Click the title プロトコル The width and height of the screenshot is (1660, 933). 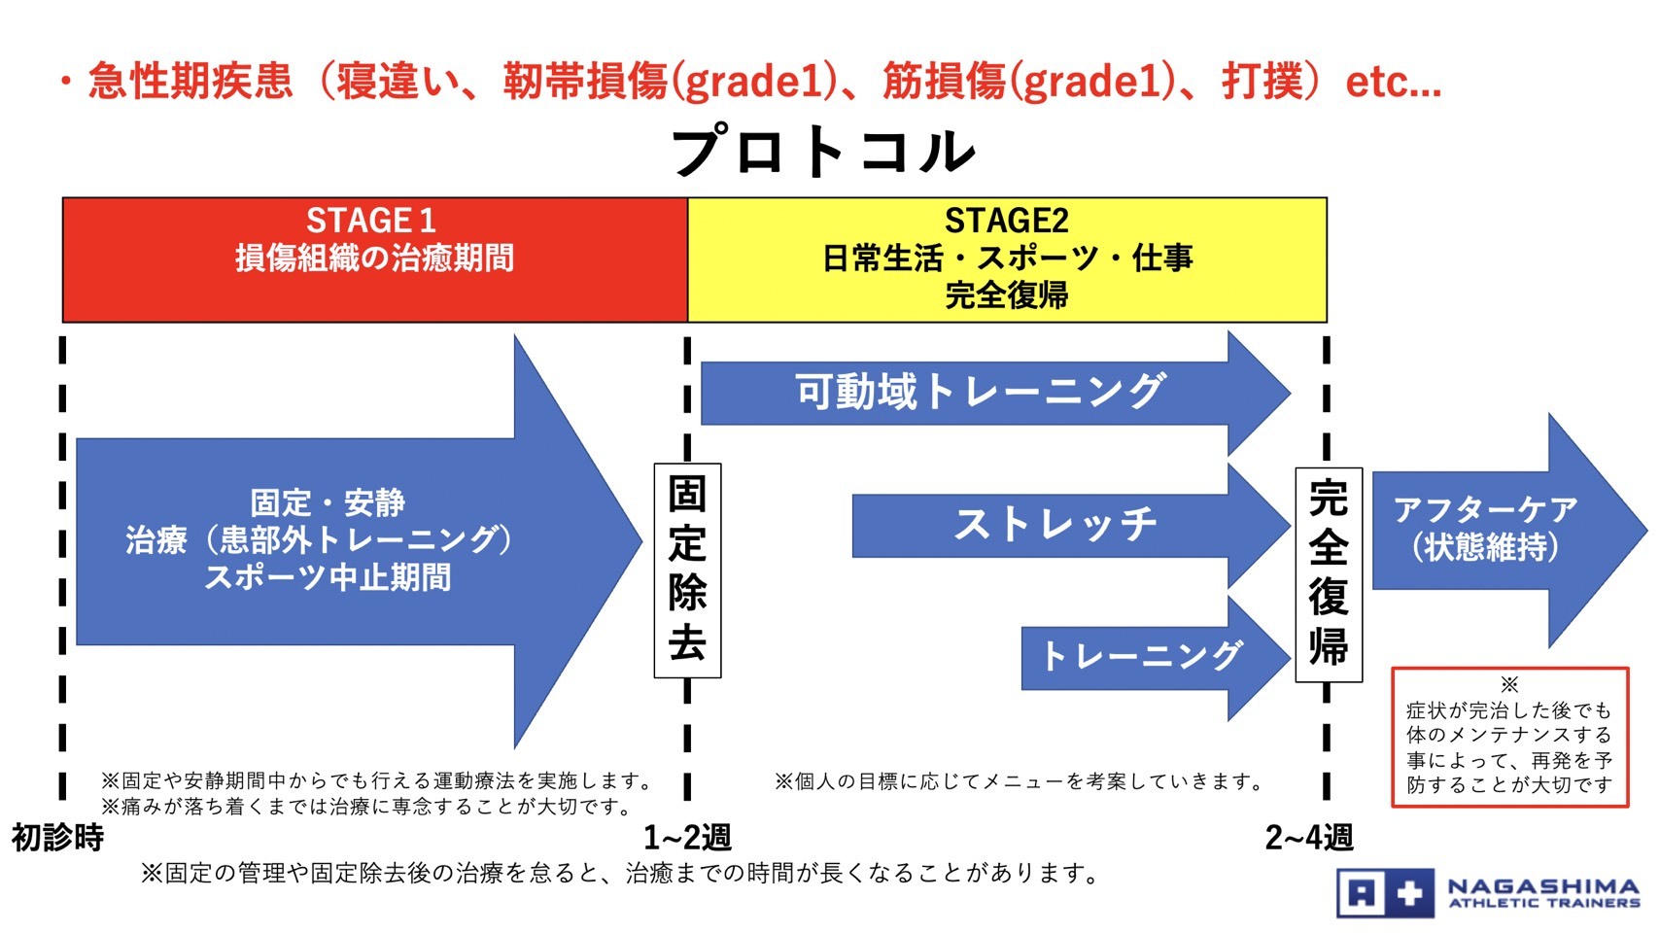pyautogui.click(x=822, y=151)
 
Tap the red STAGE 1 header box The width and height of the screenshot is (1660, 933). pyautogui.click(x=375, y=259)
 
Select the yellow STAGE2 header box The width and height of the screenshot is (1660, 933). pyautogui.click(x=1007, y=259)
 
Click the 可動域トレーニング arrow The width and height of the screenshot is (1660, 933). pyautogui.click(x=995, y=393)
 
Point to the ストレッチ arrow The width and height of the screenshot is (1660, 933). pyautogui.click(x=1071, y=526)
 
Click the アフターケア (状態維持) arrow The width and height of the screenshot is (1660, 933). pyautogui.click(x=1509, y=530)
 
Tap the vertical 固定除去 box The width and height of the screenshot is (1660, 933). pyautogui.click(x=687, y=570)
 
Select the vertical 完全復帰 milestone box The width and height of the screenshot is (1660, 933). pyautogui.click(x=1328, y=574)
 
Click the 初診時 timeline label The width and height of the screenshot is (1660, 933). pyautogui.click(x=57, y=838)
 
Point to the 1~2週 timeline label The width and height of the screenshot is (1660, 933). pyautogui.click(x=687, y=838)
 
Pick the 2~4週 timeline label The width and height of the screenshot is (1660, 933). pyautogui.click(x=1309, y=838)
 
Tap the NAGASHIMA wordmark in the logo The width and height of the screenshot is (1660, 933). pyautogui.click(x=1543, y=886)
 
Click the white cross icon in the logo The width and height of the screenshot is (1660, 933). pyautogui.click(x=1409, y=893)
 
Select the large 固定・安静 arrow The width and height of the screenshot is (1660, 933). pyautogui.click(x=359, y=541)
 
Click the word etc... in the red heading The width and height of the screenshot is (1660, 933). pyautogui.click(x=1394, y=82)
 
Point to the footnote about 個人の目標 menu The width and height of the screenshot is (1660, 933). pyautogui.click(x=1019, y=781)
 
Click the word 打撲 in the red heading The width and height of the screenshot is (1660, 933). pyautogui.click(x=1262, y=81)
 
